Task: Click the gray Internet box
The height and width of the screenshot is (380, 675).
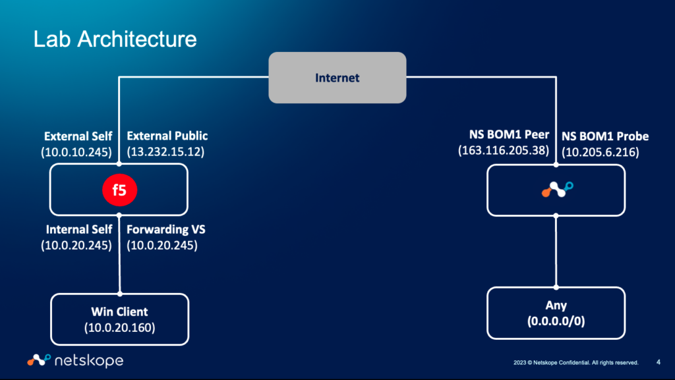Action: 337,78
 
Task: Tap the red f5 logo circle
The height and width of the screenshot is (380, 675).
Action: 119,191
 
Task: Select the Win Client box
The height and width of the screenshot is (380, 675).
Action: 119,319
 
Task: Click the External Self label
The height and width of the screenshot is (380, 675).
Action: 78,136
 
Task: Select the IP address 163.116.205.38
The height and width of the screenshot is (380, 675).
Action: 504,151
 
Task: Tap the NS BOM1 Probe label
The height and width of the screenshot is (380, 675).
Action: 605,136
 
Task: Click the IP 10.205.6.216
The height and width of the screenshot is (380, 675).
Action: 600,152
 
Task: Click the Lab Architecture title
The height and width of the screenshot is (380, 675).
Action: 115,39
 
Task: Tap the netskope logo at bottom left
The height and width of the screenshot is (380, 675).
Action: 75,360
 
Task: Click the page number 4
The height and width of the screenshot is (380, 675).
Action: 659,362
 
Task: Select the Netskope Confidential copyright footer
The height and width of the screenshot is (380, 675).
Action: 575,362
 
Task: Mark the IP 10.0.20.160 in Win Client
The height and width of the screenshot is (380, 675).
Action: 119,327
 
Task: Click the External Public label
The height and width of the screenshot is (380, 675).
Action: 167,136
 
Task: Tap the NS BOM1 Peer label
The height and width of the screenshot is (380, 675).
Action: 504,136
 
